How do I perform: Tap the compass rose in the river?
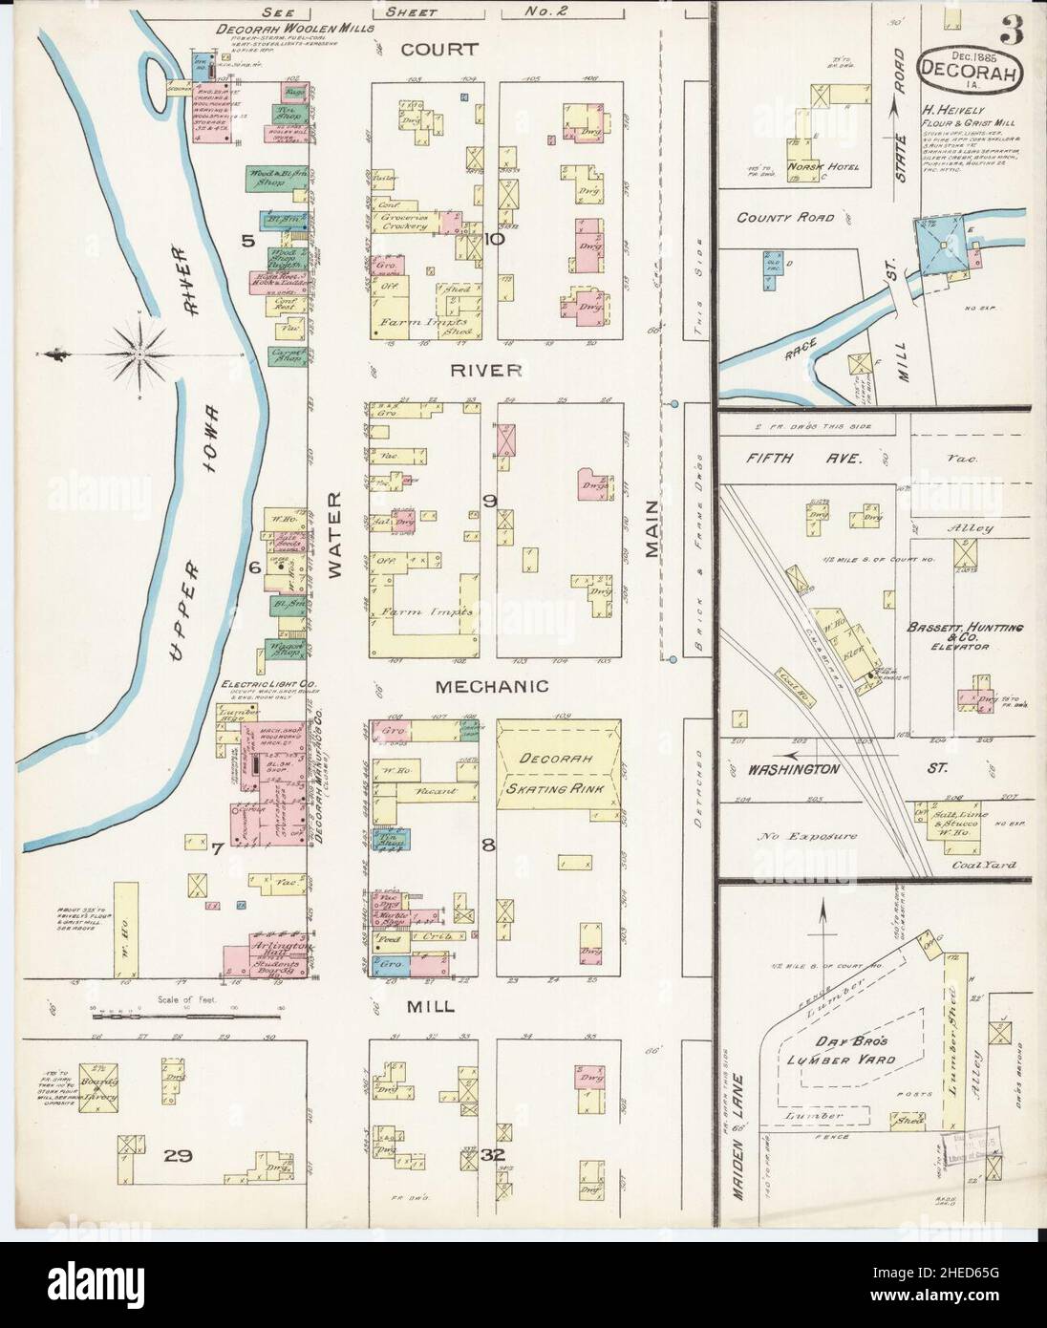[x=139, y=355]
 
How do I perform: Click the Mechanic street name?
[x=491, y=686]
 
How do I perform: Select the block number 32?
[x=492, y=1156]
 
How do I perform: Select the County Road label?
[x=786, y=217]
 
